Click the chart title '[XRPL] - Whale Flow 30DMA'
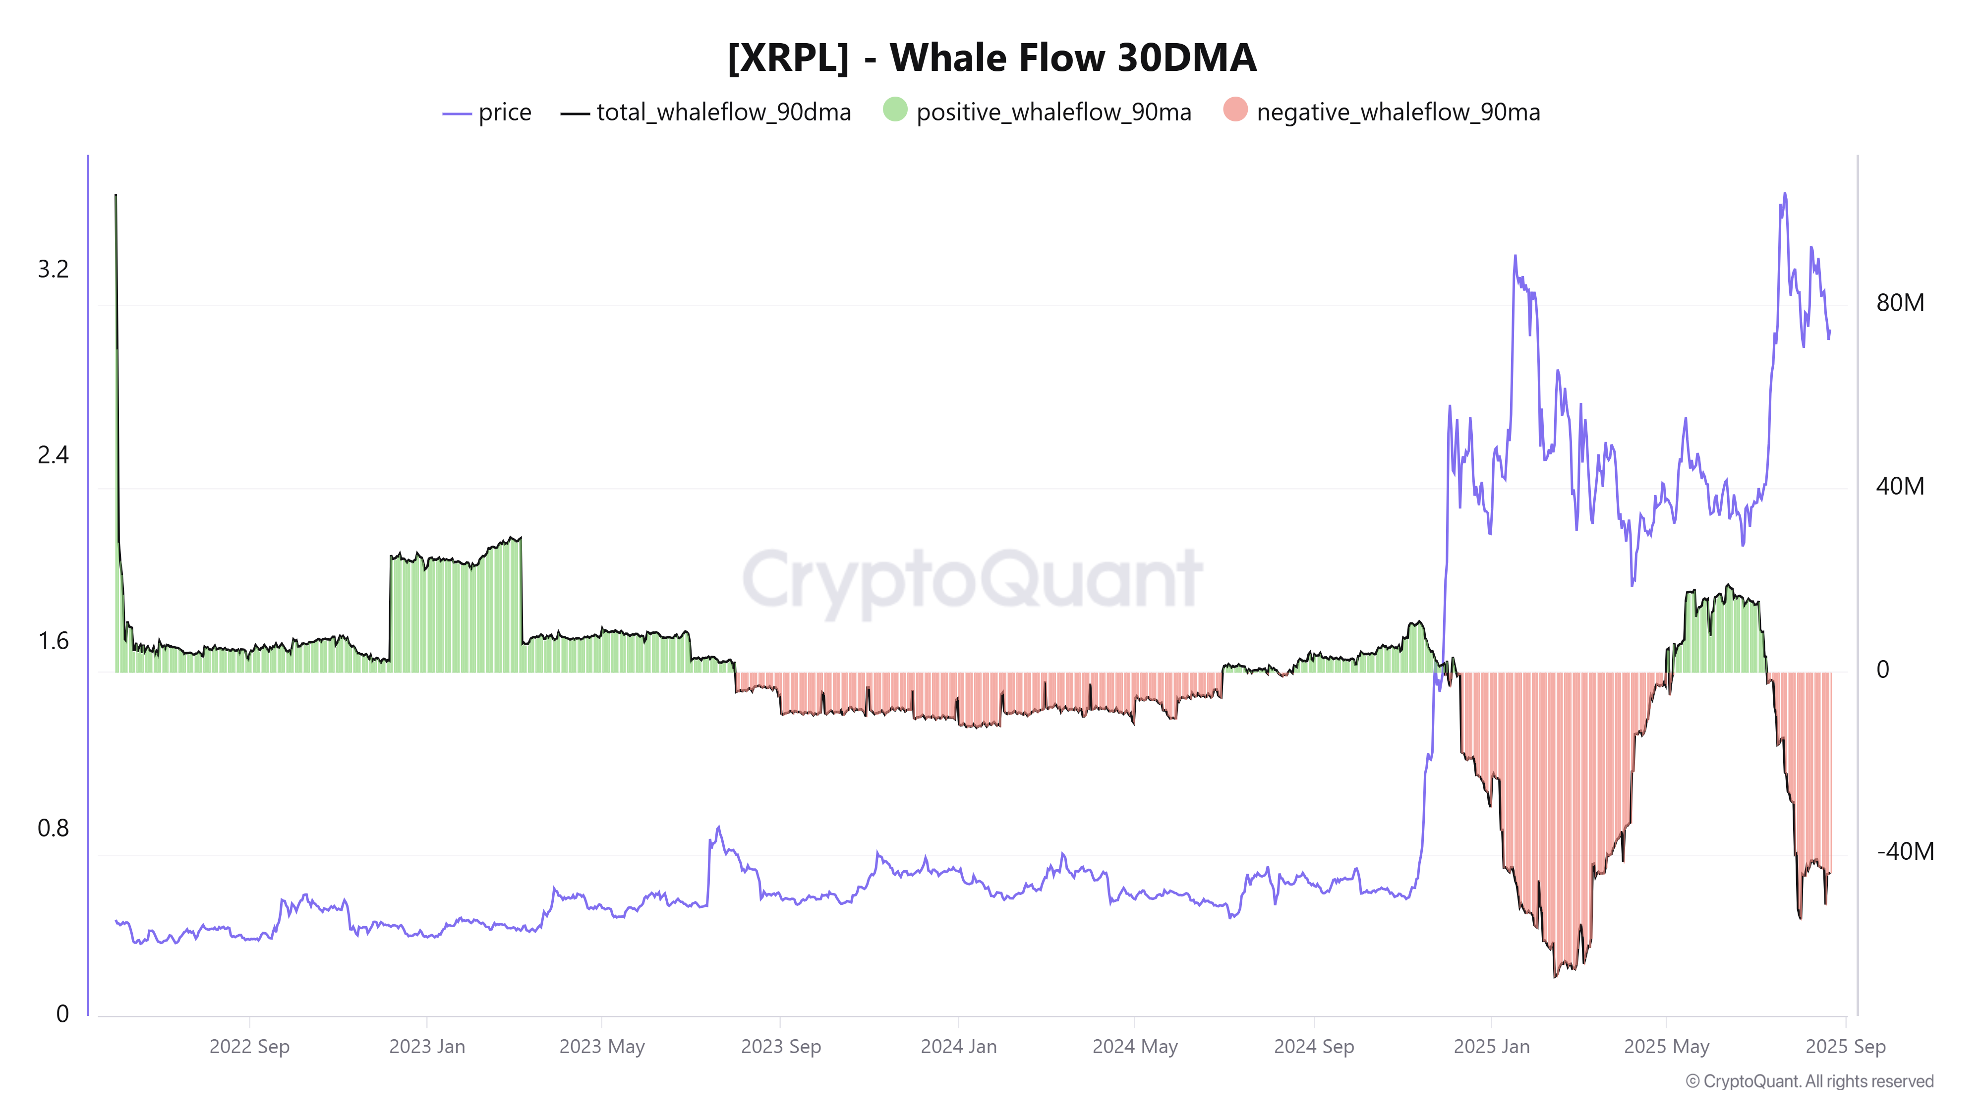click(991, 57)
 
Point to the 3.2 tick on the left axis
click(53, 269)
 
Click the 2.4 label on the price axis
click(53, 455)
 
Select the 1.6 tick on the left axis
click(53, 642)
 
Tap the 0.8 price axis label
click(53, 829)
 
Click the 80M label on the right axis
click(1900, 303)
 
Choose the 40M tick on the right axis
click(1900, 486)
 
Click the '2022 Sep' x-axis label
click(249, 1047)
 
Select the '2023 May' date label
click(601, 1047)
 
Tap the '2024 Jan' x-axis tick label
click(958, 1047)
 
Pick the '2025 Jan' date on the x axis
click(1491, 1047)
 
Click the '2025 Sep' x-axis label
click(1845, 1047)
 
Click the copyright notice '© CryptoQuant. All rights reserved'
click(1809, 1081)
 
